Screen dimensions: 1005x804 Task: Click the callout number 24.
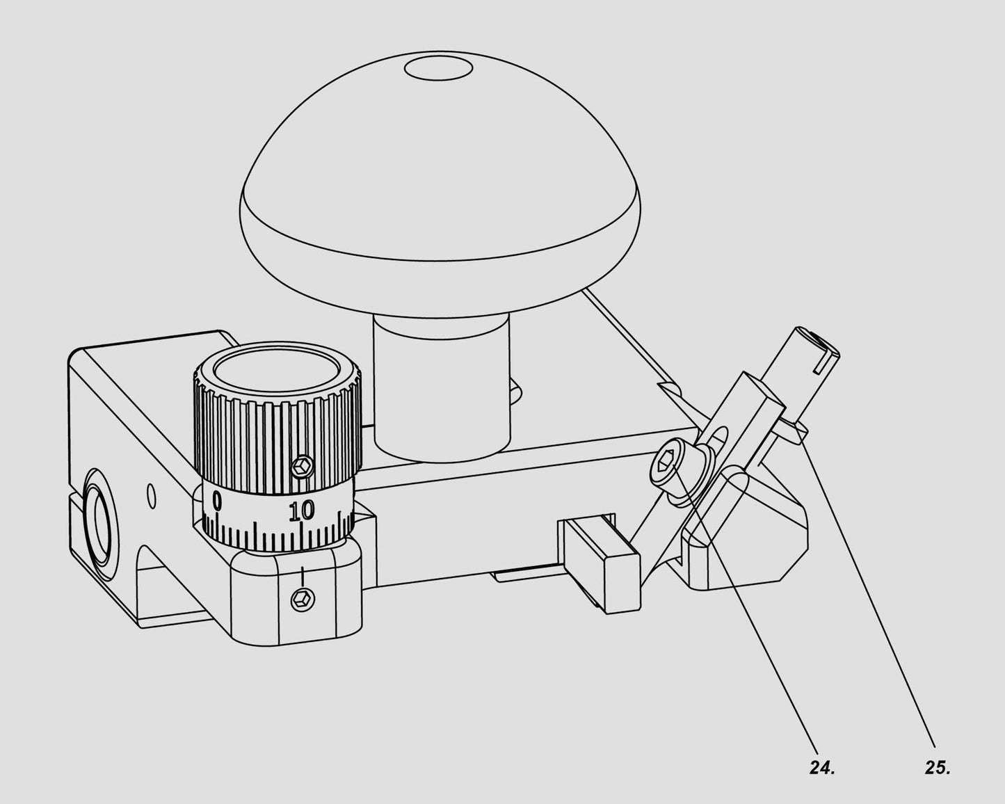coord(821,768)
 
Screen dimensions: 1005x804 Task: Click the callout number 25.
coord(938,768)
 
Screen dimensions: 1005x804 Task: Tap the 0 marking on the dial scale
coord(217,500)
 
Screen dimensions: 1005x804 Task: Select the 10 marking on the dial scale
coord(302,510)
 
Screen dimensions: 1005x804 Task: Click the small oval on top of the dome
coord(439,69)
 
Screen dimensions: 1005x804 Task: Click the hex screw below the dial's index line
coord(303,599)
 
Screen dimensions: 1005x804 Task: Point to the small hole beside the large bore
coord(151,496)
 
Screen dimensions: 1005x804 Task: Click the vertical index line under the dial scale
coord(303,576)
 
